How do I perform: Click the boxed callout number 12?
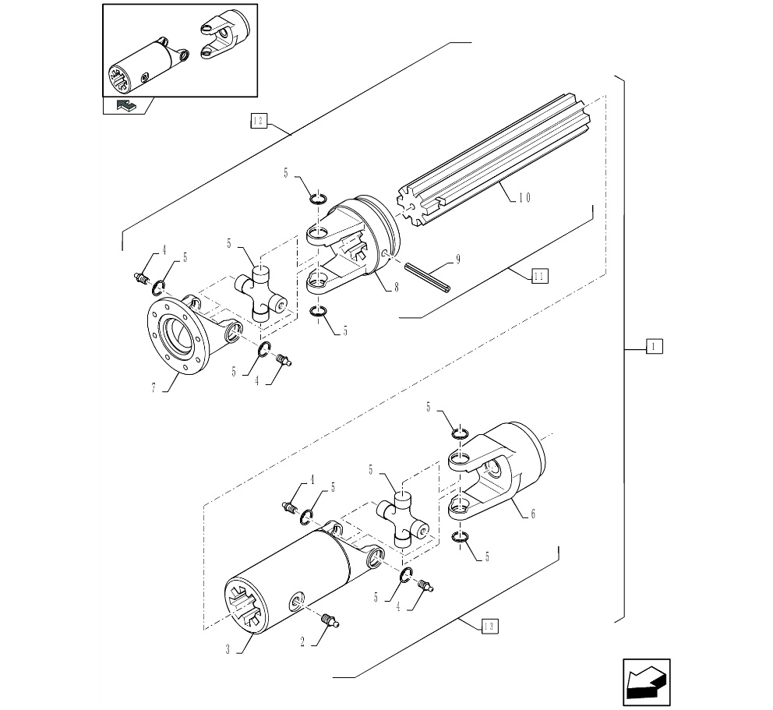pos(258,120)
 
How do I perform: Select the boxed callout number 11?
pos(539,274)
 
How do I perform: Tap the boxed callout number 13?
pos(489,625)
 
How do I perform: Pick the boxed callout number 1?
pos(654,346)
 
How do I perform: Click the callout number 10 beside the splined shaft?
pos(524,198)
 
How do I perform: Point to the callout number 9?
pos(458,260)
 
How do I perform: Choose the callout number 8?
pos(396,287)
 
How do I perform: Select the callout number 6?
pos(532,514)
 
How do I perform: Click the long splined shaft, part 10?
pos(499,160)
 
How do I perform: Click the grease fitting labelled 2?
pos(330,620)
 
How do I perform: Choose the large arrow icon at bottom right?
pos(647,682)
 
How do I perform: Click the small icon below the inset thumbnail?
pos(124,106)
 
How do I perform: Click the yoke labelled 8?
pos(355,242)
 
